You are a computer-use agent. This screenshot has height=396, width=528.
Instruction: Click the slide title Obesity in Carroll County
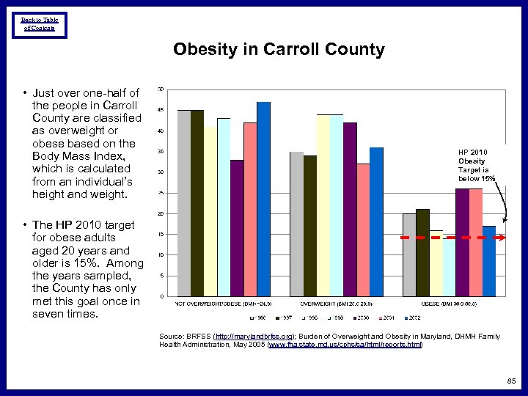point(279,50)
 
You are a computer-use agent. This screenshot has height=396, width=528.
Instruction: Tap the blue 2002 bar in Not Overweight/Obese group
point(264,199)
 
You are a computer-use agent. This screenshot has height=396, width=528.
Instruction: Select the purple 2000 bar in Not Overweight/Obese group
point(237,228)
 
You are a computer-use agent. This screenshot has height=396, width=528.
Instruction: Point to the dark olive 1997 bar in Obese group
point(422,252)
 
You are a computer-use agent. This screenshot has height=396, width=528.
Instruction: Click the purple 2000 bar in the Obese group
point(462,242)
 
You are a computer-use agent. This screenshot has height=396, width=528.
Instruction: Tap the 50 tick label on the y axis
point(161,89)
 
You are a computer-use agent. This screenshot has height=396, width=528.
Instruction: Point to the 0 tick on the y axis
point(161,296)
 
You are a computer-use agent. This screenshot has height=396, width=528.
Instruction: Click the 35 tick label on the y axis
point(161,152)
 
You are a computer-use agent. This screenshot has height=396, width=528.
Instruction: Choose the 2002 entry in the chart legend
point(413,319)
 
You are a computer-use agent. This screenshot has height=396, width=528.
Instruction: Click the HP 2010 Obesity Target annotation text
point(476,165)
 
